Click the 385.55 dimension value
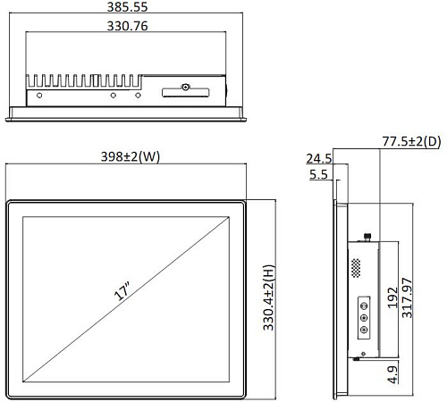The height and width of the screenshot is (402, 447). (127, 7)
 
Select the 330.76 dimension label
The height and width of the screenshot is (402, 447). (127, 26)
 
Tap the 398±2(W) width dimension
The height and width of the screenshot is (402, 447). (131, 156)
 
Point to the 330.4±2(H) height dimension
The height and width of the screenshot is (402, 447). (268, 297)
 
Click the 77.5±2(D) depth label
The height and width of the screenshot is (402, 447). (411, 141)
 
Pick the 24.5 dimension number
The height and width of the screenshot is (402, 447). (319, 158)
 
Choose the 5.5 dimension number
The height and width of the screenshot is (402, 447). (318, 174)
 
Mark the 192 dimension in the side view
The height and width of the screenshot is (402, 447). (392, 297)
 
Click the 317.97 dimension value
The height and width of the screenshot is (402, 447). (407, 297)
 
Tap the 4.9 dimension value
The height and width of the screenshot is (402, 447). (392, 374)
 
